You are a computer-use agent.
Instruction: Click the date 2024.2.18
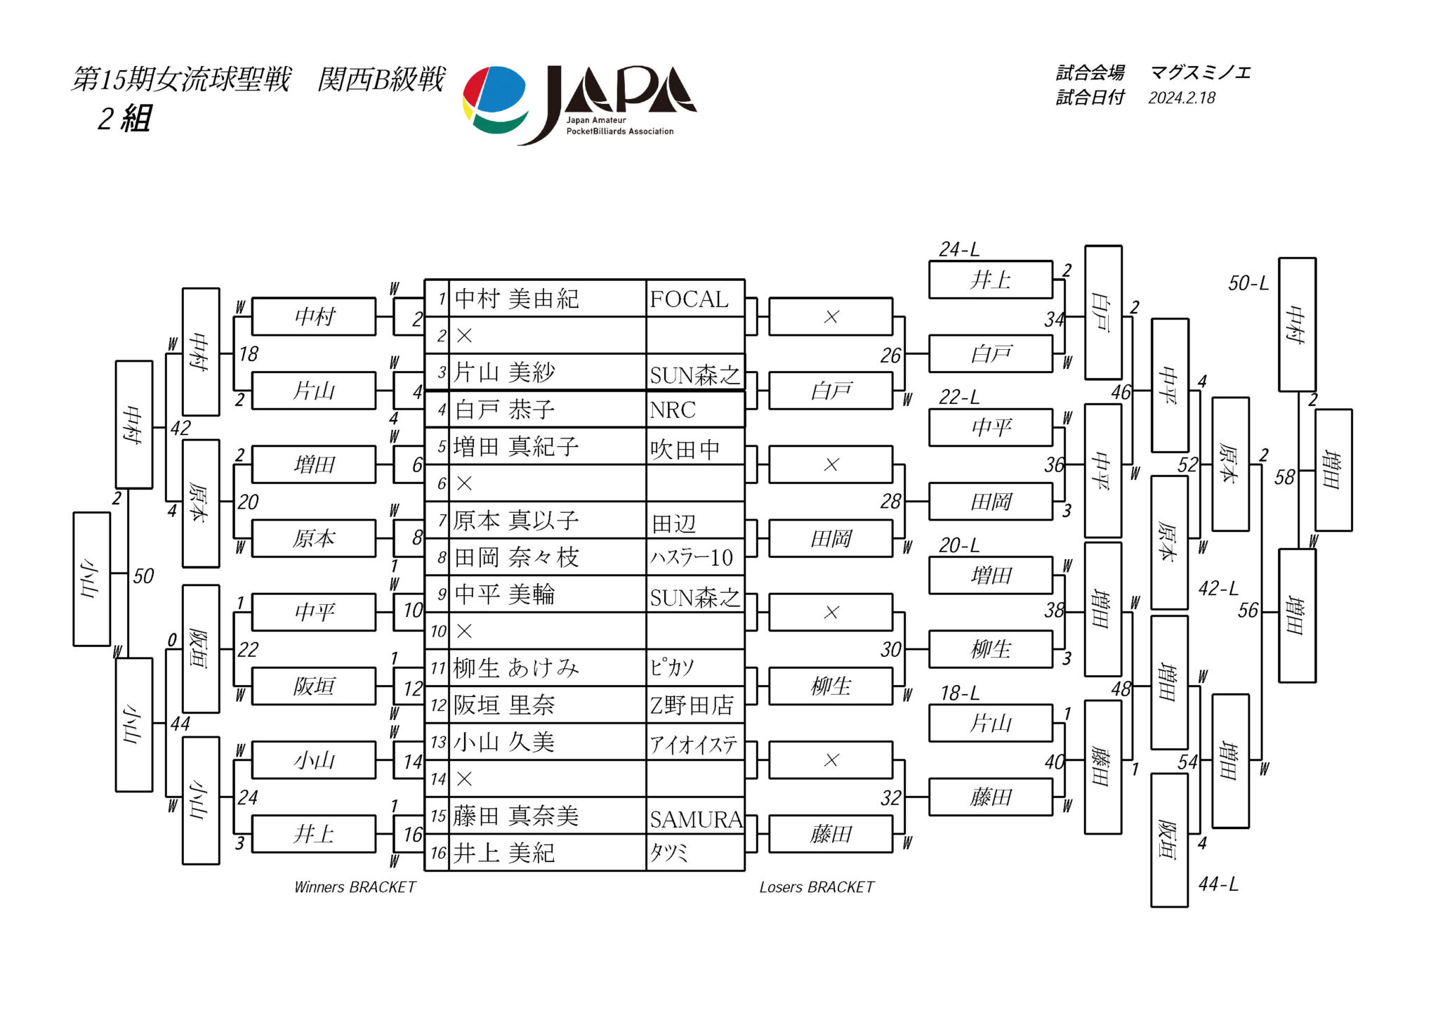(x=1182, y=98)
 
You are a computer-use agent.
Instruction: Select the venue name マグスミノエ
(x=1200, y=72)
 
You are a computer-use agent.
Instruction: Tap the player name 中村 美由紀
(x=516, y=299)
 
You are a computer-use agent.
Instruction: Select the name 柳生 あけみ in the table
(x=516, y=667)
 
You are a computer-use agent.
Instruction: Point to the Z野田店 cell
(x=692, y=705)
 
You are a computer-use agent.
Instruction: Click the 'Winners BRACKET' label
(x=355, y=887)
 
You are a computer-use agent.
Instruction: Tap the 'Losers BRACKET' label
(x=816, y=887)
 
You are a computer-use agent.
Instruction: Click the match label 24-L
(x=959, y=249)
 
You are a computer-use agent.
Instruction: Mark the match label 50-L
(x=1248, y=283)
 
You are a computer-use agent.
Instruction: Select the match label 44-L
(x=1218, y=884)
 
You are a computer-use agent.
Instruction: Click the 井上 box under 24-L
(x=990, y=280)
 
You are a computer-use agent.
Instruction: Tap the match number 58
(x=1284, y=478)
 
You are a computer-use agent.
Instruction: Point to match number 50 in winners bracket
(x=143, y=576)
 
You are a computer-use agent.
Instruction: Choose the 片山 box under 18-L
(x=990, y=723)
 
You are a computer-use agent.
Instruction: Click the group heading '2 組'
(x=124, y=119)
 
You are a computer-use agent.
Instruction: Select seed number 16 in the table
(x=438, y=853)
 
